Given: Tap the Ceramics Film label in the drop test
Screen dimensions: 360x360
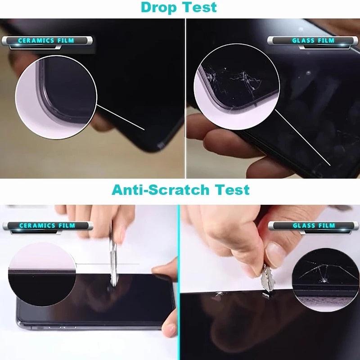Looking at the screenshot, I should tap(45, 41).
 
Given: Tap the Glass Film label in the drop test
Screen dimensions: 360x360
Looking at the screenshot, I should tap(313, 40).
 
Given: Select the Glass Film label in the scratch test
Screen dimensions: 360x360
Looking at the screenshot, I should tap(313, 225).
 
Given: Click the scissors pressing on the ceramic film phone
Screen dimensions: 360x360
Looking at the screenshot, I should tap(113, 256).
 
